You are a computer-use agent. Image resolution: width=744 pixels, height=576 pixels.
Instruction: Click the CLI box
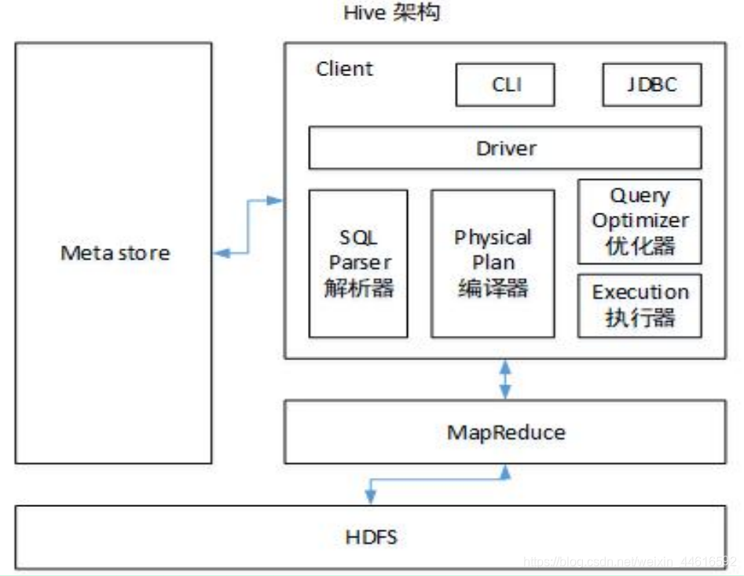(x=504, y=85)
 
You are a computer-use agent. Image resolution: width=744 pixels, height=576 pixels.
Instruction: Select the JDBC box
(x=651, y=85)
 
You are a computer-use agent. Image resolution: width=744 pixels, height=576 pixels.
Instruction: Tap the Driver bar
(x=504, y=148)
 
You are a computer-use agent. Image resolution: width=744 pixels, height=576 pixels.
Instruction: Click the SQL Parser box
(x=358, y=263)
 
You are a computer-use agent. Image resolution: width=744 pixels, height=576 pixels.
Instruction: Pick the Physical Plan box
(x=493, y=263)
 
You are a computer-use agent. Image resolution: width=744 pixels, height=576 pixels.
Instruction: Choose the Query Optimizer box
(x=640, y=221)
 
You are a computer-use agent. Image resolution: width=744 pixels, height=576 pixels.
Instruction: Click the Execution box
(x=640, y=305)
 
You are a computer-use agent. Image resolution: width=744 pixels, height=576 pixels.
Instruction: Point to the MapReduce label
(x=505, y=432)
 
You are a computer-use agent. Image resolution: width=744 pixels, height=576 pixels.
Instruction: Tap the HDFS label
(x=371, y=538)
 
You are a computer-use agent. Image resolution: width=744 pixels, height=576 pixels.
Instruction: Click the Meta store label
(x=115, y=253)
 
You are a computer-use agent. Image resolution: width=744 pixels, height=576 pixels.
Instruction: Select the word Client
(x=345, y=69)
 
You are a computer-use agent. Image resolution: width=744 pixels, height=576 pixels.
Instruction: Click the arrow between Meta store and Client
(x=248, y=227)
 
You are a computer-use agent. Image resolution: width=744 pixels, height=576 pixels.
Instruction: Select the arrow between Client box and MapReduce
(x=505, y=380)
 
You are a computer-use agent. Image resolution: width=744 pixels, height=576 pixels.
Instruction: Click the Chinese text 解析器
(x=359, y=287)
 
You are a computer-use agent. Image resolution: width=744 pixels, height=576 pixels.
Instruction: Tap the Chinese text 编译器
(x=493, y=288)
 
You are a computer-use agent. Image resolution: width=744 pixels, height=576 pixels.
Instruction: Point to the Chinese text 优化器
(x=640, y=246)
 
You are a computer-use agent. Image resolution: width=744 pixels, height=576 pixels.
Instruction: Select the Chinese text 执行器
(x=640, y=318)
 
